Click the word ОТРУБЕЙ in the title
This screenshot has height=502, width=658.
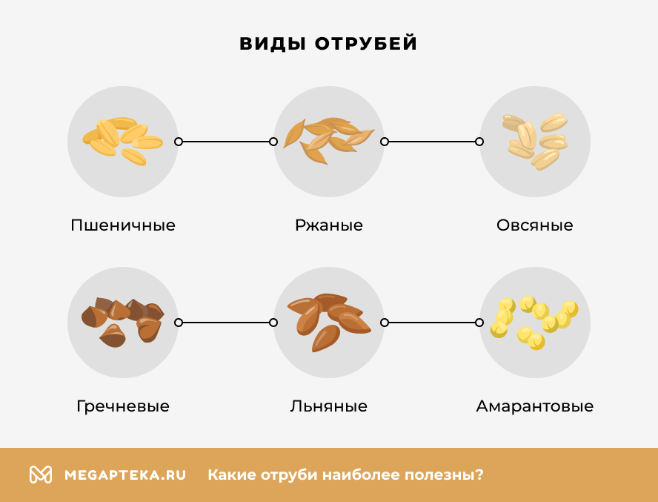coord(366,44)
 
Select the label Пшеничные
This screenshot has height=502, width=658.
coord(123,225)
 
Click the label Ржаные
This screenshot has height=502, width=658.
coord(329,225)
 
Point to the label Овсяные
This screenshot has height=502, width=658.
coord(535,225)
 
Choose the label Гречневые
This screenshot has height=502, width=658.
coord(123,406)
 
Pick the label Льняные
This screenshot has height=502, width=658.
coord(329,406)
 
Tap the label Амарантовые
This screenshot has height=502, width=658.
coord(535,406)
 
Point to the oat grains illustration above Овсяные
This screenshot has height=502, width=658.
coord(535,140)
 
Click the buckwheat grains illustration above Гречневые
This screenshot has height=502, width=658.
coord(122,321)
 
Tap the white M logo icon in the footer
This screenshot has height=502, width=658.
coord(41,475)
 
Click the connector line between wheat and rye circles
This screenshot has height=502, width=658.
coord(226,142)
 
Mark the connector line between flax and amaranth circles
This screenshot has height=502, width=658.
coord(432,323)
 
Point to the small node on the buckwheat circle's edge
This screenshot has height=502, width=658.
coord(179,323)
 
